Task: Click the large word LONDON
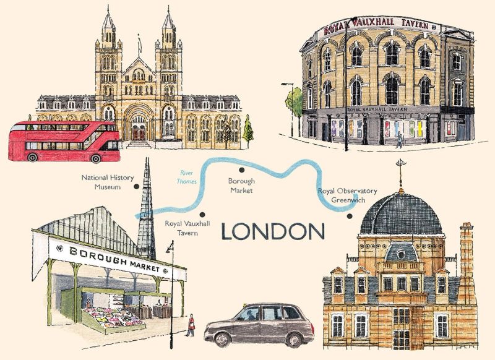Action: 273,232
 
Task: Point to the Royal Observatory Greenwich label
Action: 347,195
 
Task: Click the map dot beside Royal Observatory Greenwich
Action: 350,216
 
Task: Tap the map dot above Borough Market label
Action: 242,169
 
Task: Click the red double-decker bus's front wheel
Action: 96,158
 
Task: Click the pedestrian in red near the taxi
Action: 192,325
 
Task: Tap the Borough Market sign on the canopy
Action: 114,260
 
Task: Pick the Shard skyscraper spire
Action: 147,198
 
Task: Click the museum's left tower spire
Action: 108,28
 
